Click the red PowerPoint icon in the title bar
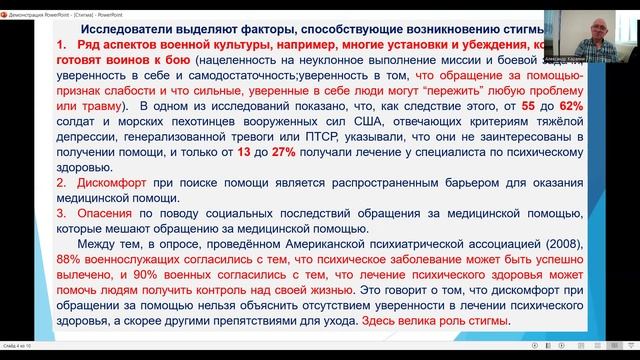coord(7,6)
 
